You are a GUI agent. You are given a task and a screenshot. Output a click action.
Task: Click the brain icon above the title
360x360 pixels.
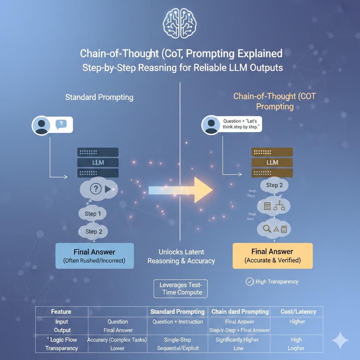pyautogui.click(x=180, y=24)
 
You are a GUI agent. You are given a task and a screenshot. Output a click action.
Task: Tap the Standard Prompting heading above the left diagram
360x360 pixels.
pyautogui.click(x=99, y=97)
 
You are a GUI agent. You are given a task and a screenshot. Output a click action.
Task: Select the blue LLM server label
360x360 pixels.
pyautogui.click(x=98, y=162)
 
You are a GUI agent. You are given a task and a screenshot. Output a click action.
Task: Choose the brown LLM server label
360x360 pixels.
pyautogui.click(x=272, y=162)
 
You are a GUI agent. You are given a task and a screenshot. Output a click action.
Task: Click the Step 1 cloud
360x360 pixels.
pyautogui.click(x=92, y=214)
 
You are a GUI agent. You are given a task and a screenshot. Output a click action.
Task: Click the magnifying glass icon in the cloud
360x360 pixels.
pyautogui.click(x=267, y=229)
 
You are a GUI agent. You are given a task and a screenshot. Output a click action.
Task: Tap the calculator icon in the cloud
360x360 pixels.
pyautogui.click(x=268, y=207)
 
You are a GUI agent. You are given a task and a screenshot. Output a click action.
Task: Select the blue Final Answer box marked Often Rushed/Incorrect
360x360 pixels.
pyautogui.click(x=94, y=256)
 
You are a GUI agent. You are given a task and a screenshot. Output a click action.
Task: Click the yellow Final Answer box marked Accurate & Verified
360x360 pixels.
pyautogui.click(x=272, y=256)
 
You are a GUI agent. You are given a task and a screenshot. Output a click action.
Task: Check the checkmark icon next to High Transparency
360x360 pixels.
pyautogui.click(x=250, y=282)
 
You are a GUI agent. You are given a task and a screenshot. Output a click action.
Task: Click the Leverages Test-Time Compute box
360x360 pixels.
pyautogui.click(x=181, y=288)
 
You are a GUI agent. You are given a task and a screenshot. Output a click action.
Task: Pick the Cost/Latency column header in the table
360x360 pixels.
pyautogui.click(x=298, y=311)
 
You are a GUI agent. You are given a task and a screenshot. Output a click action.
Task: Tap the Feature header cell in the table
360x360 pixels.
pyautogui.click(x=61, y=311)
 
